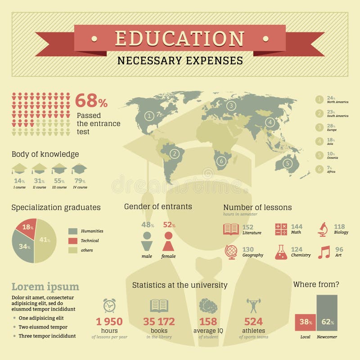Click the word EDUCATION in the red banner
point(180,38)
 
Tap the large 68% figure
point(91,100)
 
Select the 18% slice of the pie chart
point(27,228)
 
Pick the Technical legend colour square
point(73,241)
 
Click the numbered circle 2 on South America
point(174,153)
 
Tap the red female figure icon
point(168,242)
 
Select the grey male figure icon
point(147,242)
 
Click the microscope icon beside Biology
point(323,229)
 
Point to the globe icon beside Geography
point(231,252)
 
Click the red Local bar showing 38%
point(305,322)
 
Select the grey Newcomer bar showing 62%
point(327,313)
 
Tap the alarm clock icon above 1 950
point(109,305)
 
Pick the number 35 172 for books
point(159,322)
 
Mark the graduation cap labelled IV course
point(80,169)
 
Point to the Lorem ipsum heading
point(45,287)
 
